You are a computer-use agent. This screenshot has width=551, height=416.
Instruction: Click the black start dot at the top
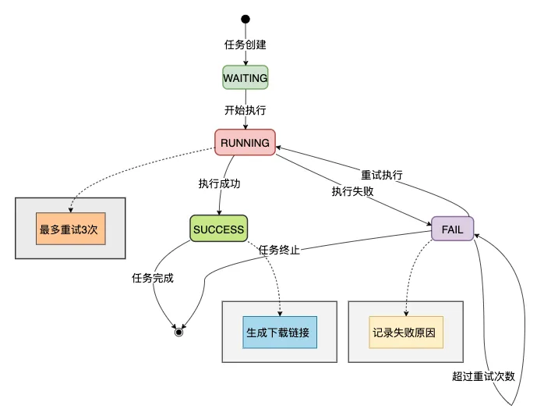[x=245, y=19]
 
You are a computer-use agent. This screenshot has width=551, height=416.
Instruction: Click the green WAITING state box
[x=245, y=78]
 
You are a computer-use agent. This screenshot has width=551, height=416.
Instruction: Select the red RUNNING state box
[x=245, y=143]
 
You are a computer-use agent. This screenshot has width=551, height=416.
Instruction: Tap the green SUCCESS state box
[x=219, y=229]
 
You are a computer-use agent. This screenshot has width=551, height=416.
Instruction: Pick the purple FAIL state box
[x=452, y=229]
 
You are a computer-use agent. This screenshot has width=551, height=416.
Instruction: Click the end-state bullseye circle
[x=178, y=332]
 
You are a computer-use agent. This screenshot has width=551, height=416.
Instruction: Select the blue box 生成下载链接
[x=280, y=332]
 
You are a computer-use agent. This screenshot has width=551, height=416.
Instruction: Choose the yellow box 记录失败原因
[x=405, y=332]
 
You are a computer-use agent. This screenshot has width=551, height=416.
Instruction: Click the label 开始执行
[x=245, y=110]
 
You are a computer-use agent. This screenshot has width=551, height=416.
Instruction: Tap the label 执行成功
[x=220, y=184]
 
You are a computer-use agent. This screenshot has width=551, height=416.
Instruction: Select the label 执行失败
[x=352, y=190]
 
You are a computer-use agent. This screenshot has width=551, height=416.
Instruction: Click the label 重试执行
[x=382, y=175]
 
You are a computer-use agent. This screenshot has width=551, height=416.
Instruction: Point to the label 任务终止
[x=279, y=250]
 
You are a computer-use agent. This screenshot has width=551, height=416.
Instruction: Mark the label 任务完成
[x=153, y=277]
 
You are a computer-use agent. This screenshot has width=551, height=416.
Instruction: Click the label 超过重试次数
[x=483, y=375]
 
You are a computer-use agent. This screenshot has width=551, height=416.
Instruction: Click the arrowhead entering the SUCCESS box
[x=220, y=212]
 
